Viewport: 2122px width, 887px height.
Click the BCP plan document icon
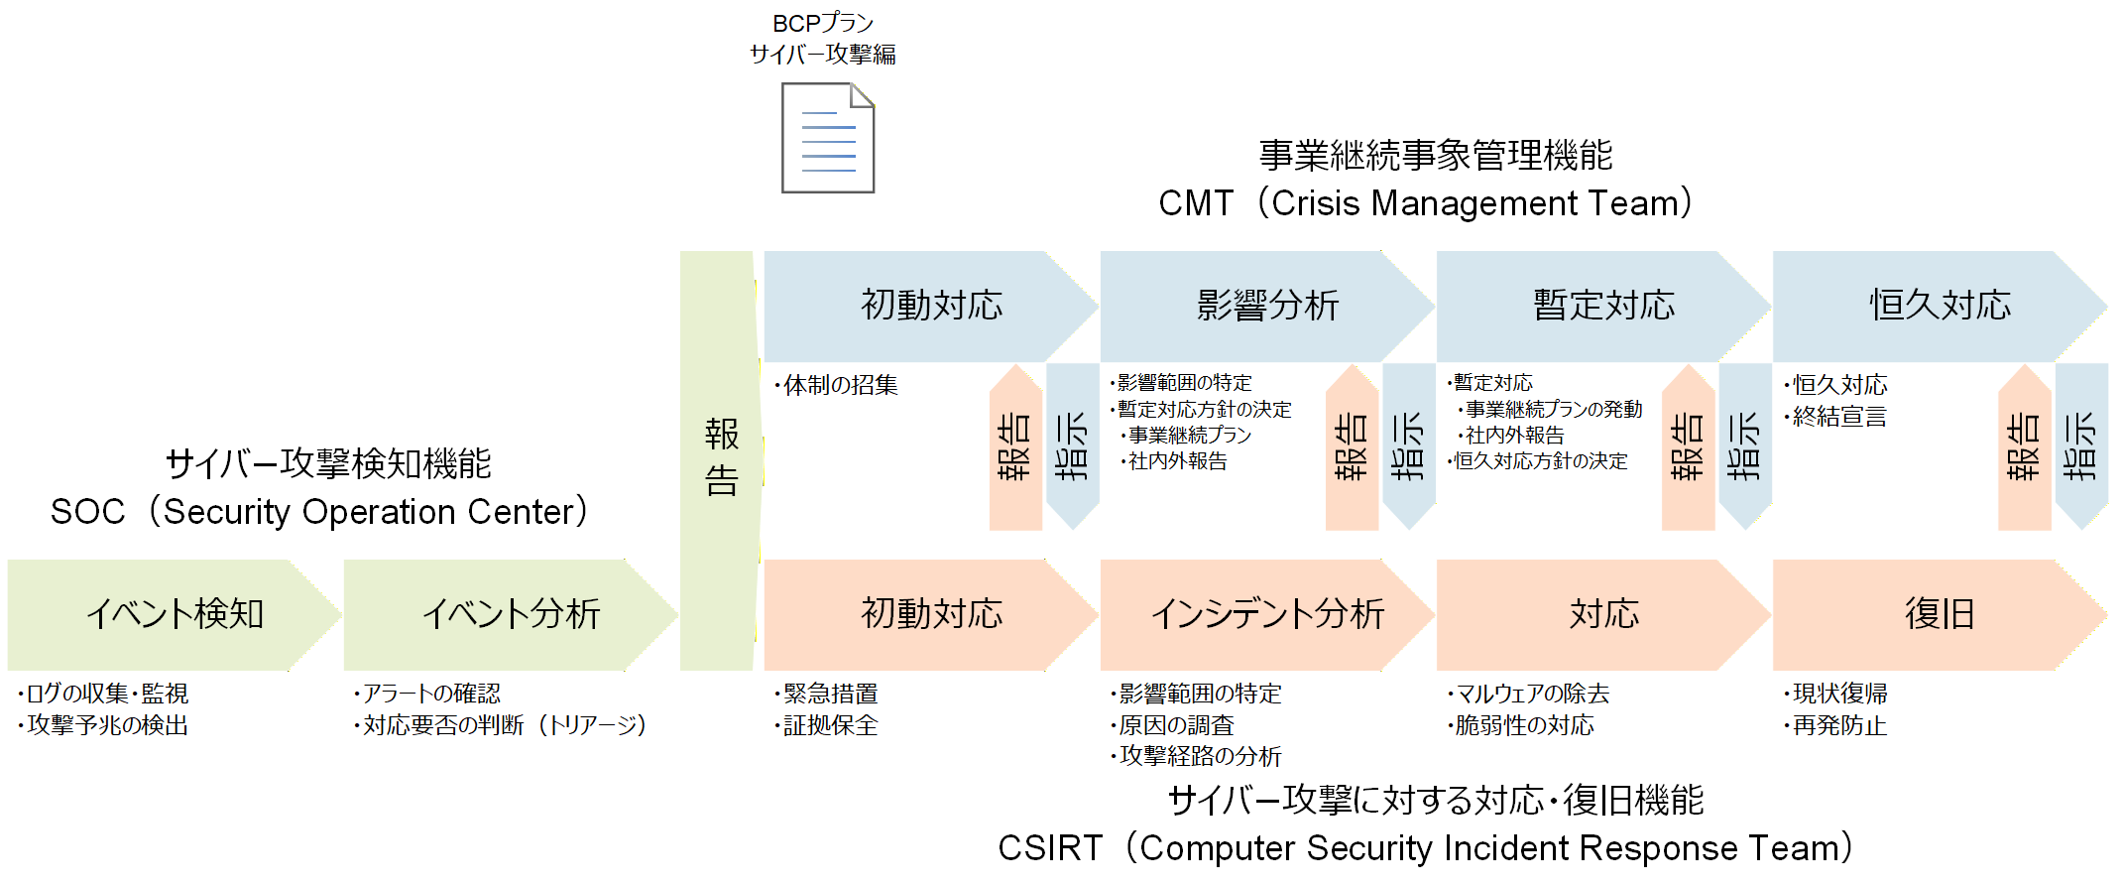(828, 138)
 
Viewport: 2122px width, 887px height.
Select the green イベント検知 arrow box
(174, 614)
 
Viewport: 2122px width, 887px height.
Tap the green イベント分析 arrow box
(510, 614)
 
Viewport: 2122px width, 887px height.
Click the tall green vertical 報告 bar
(721, 458)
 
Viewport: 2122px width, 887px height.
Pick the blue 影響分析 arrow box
(1266, 306)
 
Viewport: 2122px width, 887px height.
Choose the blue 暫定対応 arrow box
(1602, 306)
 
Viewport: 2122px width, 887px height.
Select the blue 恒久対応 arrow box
(1939, 306)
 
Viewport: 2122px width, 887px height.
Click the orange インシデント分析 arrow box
(1266, 614)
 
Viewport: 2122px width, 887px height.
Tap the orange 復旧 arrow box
(1939, 614)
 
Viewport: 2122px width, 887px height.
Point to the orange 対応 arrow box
(1602, 614)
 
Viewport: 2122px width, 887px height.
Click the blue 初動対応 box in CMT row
(930, 306)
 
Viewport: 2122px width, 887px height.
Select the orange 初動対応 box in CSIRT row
(930, 614)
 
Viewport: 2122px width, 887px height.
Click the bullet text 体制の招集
(839, 385)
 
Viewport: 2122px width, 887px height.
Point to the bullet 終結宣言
(1838, 417)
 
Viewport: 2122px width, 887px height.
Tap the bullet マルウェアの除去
(1530, 694)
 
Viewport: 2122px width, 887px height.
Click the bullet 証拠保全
(829, 725)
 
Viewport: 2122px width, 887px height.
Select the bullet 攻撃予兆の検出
(105, 725)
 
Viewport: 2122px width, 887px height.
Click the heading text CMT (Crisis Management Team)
(1426, 203)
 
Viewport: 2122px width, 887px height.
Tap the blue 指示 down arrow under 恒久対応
(2080, 446)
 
